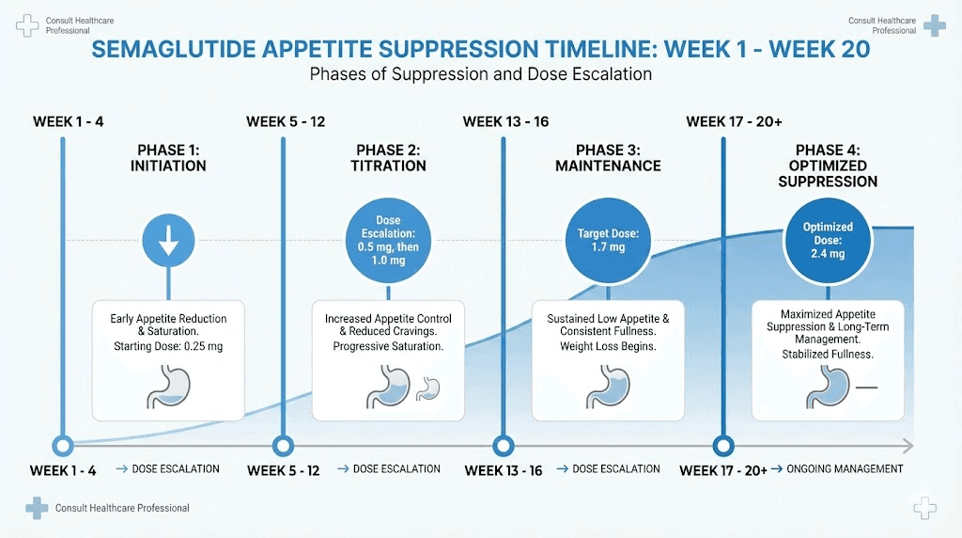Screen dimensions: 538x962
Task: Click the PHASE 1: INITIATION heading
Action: tap(168, 158)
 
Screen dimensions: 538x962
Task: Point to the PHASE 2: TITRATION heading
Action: tap(390, 158)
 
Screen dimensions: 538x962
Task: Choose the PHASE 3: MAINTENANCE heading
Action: tap(608, 158)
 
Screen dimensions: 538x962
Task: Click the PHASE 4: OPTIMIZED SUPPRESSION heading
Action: tap(827, 166)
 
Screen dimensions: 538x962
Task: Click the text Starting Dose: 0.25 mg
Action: tap(168, 346)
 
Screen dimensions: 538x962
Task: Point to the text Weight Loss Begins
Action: tap(608, 346)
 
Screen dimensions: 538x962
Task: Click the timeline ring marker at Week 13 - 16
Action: tap(504, 446)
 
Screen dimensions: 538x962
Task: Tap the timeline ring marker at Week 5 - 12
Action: tap(282, 446)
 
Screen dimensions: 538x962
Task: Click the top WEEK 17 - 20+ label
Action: tap(732, 121)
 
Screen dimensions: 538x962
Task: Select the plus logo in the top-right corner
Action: tap(934, 25)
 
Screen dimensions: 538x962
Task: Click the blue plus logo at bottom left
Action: tap(37, 508)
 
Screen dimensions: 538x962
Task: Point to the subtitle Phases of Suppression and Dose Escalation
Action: tap(480, 73)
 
